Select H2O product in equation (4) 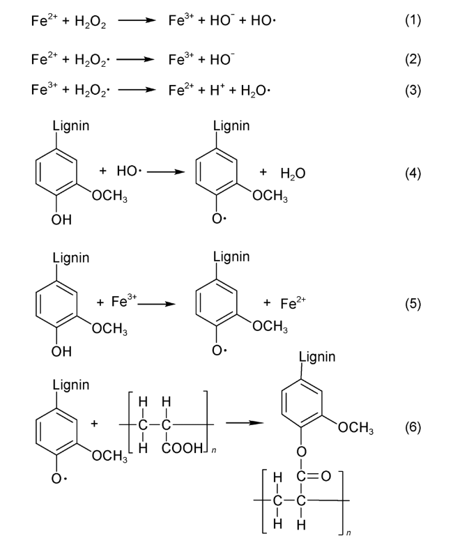293,172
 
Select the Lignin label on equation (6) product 316,357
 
